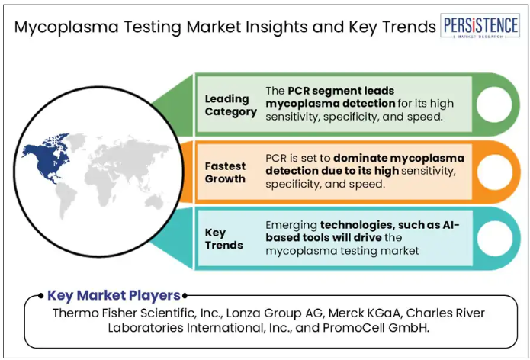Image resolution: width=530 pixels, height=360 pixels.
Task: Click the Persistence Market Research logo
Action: tap(480, 26)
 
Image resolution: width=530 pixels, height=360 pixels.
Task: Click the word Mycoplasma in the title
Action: tap(66, 27)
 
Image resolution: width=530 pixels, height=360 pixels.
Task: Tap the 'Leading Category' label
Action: tap(231, 105)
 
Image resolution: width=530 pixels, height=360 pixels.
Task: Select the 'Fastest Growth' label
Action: tap(225, 172)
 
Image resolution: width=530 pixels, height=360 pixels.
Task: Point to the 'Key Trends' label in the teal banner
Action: tap(223, 239)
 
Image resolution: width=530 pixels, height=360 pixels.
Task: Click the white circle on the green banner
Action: tap(494, 104)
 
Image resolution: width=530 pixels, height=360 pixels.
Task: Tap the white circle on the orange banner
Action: tap(494, 172)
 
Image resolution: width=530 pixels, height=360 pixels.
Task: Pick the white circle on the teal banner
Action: tap(494, 239)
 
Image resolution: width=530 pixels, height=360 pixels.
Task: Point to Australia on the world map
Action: tap(154, 202)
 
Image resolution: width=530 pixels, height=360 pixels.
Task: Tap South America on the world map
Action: tap(66, 199)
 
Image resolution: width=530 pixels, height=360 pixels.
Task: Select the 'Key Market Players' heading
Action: tap(114, 295)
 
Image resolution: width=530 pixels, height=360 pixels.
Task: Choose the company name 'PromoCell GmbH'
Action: tap(375, 327)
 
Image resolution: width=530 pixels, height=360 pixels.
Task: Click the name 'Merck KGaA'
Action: tap(365, 313)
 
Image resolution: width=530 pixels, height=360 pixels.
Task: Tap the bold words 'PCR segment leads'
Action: tap(341, 91)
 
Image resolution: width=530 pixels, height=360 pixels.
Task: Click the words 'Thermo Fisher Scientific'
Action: tap(124, 313)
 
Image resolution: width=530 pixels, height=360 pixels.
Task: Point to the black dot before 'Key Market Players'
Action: tap(41, 296)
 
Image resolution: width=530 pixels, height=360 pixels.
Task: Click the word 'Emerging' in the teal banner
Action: tap(291, 226)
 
